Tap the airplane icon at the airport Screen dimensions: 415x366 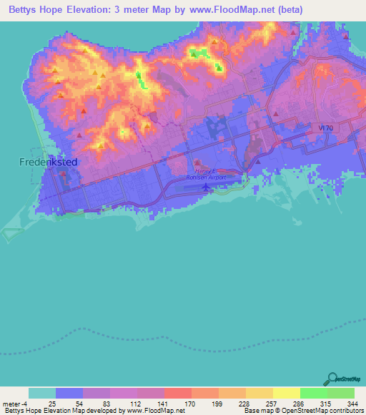point(207,187)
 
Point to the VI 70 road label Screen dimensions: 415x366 point(326,128)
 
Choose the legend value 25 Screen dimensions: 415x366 point(52,403)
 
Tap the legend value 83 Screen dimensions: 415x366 point(107,403)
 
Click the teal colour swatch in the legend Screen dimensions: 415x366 point(41,393)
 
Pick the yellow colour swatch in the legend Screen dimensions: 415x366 point(286,393)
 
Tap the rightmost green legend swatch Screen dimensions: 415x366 point(341,393)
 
